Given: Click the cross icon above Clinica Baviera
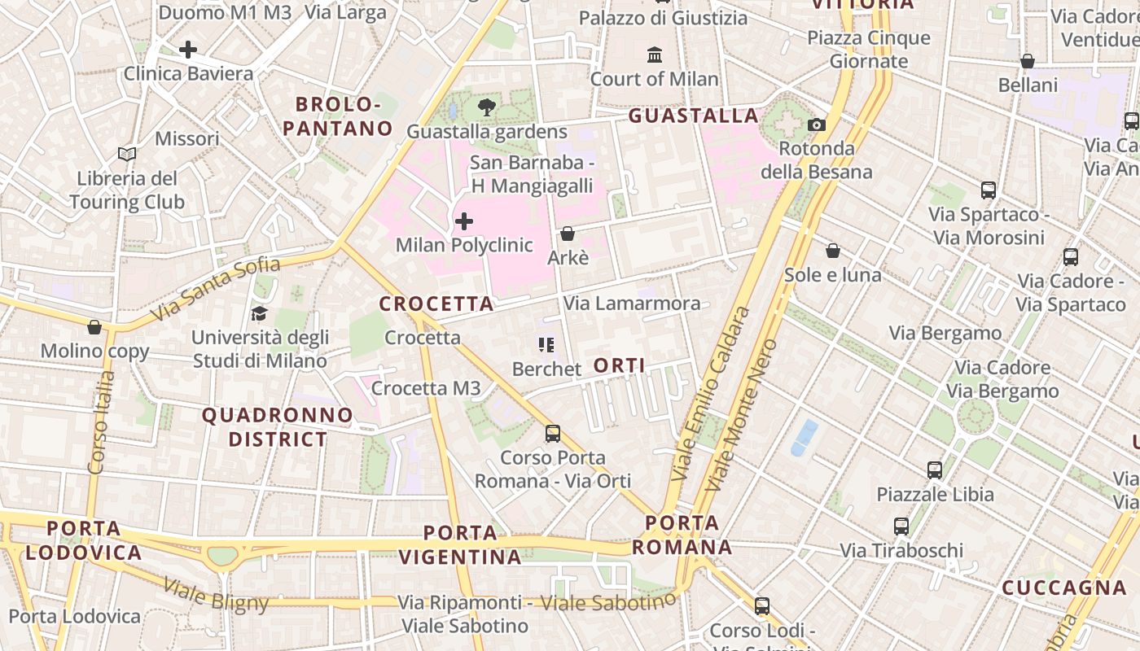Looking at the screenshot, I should pos(188,50).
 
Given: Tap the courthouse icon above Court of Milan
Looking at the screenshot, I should pos(655,55).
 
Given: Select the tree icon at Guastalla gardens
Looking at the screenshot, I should pos(487,107).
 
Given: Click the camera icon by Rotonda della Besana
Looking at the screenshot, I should pos(816,125).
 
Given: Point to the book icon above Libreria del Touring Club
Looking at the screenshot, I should pos(126,155).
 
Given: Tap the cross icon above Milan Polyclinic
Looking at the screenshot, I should pos(464,221).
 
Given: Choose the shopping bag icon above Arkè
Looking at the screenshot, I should pos(568,234).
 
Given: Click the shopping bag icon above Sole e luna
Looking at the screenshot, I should pos(832,251).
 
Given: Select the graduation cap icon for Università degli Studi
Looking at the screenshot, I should pos(259,313).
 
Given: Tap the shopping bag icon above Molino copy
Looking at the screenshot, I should pos(94,327).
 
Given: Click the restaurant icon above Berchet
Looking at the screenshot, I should pos(546,345).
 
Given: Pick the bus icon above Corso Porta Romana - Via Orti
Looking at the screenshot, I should pos(553,434).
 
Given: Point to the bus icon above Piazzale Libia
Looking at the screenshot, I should pos(935,470).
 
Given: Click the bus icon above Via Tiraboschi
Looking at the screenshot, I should pos(901,526).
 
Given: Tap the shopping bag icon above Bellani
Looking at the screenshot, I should pos(1028,61).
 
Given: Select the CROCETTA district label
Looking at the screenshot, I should pos(436,304).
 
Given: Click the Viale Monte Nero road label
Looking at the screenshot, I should pos(740,415).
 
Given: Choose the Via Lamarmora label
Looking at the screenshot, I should pos(632,304).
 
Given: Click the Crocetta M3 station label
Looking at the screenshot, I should pos(426,388).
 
